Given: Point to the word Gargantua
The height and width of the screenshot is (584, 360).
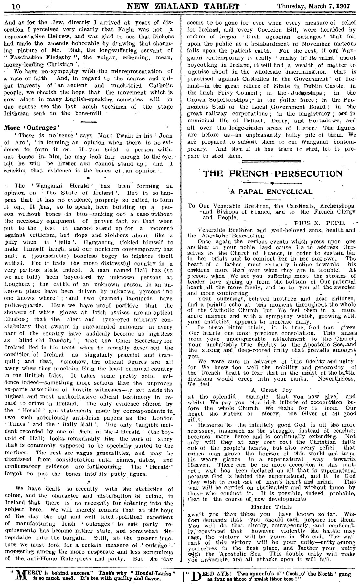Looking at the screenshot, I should [97, 242].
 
